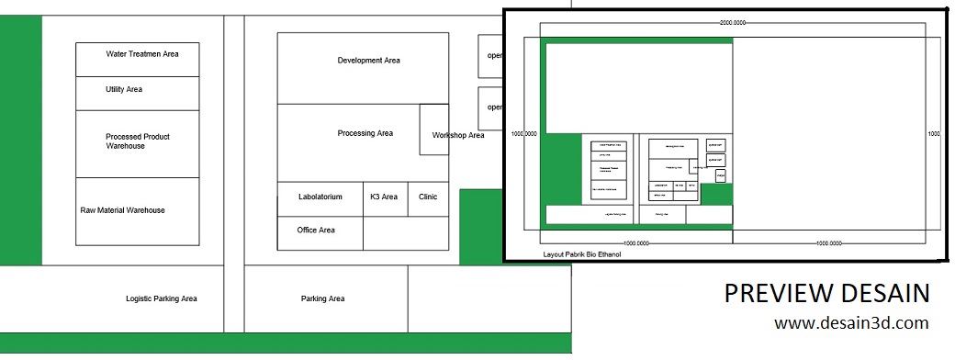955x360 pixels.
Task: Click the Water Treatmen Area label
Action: pos(142,54)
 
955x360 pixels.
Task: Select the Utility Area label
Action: pos(124,90)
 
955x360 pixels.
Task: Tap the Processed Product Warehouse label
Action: pos(137,141)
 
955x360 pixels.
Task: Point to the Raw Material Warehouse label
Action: pos(123,210)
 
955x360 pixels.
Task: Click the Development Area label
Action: pos(368,61)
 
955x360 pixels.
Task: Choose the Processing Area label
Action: pos(365,133)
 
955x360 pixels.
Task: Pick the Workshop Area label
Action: pos(458,136)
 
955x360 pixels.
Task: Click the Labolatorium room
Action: pos(320,197)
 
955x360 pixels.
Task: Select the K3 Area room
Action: pos(384,197)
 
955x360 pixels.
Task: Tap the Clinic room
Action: pos(428,197)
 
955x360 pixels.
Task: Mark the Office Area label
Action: pos(316,231)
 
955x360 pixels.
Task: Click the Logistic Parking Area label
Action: pos(162,298)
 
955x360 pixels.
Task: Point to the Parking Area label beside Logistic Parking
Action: pos(323,298)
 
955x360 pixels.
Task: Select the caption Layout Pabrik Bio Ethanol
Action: pos(582,253)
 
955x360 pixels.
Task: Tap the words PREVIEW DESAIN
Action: pos(826,293)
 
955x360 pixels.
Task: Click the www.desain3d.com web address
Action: pos(850,323)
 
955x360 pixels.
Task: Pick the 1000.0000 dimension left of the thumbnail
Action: pos(523,134)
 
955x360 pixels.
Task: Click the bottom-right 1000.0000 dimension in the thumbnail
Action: pos(828,243)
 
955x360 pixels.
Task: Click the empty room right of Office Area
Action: pos(406,233)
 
